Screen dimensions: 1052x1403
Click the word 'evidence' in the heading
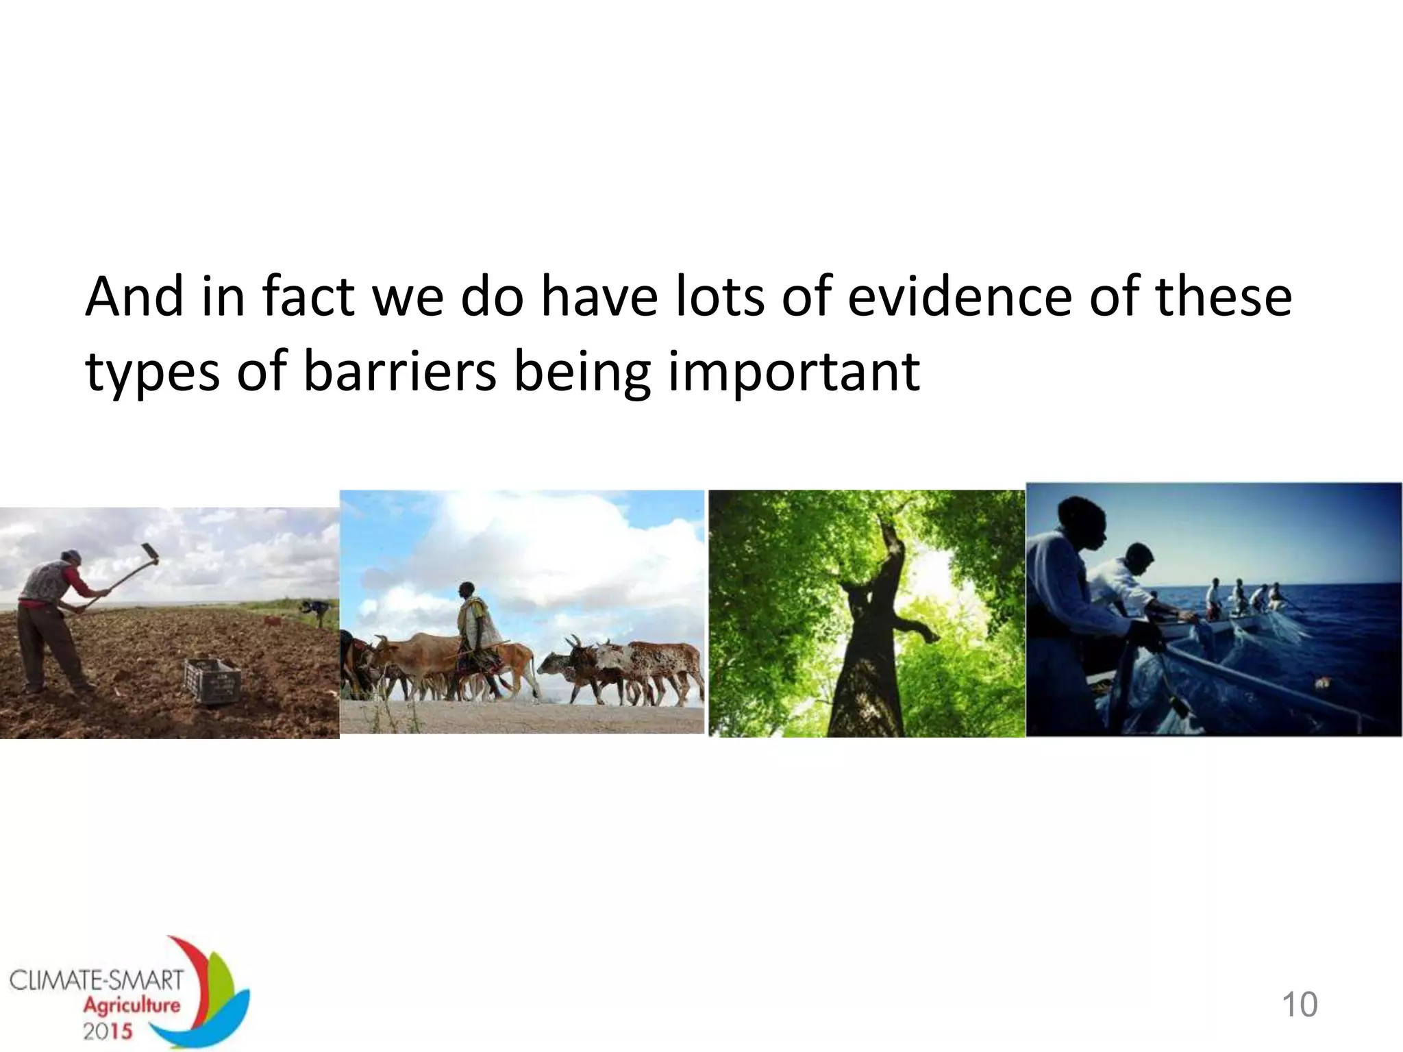(x=962, y=297)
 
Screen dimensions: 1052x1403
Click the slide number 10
(x=1299, y=1005)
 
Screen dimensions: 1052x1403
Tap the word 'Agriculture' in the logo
(x=132, y=1005)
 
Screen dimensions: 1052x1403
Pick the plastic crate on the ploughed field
(x=212, y=680)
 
